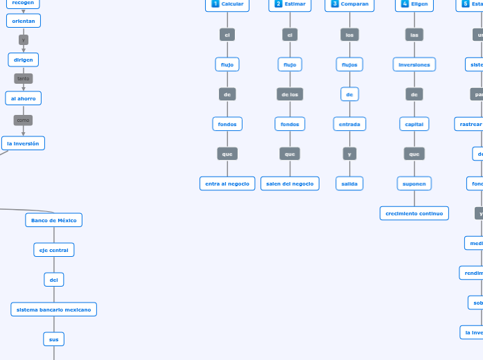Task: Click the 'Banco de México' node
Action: [x=54, y=220]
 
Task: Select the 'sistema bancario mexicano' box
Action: [x=54, y=309]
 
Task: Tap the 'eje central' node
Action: [x=54, y=250]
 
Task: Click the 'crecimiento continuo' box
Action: [x=414, y=213]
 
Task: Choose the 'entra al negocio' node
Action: [x=227, y=183]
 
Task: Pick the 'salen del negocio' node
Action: [x=290, y=183]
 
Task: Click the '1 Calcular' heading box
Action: [x=227, y=4]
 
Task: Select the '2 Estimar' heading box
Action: [x=290, y=4]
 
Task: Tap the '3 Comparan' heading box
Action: [x=349, y=4]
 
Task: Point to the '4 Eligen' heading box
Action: [x=414, y=4]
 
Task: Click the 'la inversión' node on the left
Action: [x=24, y=143]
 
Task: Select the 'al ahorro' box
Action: [x=24, y=99]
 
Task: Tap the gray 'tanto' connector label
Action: [x=24, y=79]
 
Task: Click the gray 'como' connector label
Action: [x=24, y=120]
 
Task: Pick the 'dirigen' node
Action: [x=24, y=60]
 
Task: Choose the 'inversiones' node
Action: [x=414, y=65]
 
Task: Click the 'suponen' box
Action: [x=414, y=183]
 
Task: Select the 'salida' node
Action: [x=349, y=183]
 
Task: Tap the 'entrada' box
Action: [x=349, y=125]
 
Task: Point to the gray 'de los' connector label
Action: [x=290, y=94]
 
